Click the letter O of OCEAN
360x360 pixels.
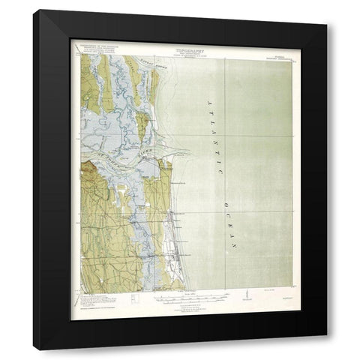(224, 202)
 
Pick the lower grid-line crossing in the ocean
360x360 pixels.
(227, 211)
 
